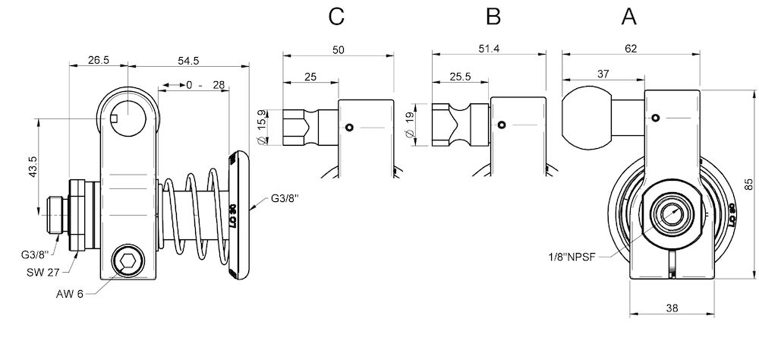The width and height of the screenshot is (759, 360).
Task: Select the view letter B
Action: (x=493, y=16)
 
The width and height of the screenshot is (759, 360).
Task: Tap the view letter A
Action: (x=629, y=16)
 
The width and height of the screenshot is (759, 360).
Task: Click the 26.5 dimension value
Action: (x=98, y=58)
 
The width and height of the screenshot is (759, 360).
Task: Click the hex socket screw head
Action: (x=127, y=264)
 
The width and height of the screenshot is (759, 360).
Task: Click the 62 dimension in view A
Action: (x=630, y=48)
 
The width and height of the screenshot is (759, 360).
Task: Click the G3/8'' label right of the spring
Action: (x=285, y=199)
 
